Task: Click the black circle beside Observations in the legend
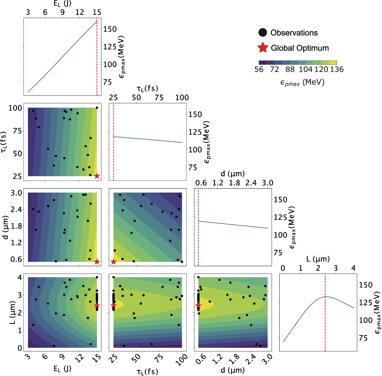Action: (263, 33)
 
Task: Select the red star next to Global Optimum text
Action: (263, 48)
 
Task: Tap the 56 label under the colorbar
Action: (259, 69)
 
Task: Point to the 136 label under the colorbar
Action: (337, 69)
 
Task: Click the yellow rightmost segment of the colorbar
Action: (333, 63)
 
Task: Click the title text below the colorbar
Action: (302, 82)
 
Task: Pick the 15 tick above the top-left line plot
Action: (97, 12)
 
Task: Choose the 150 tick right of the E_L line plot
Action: (110, 29)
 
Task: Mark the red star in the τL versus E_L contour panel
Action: (97, 176)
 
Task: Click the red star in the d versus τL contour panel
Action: (113, 262)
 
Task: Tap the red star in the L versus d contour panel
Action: (198, 306)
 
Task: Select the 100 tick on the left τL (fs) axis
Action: (15, 108)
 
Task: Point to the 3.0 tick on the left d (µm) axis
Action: (16, 193)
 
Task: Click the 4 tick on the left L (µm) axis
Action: (20, 277)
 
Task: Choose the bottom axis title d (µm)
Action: (233, 370)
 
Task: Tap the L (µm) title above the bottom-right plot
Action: (318, 259)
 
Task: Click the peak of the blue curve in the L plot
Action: (326, 297)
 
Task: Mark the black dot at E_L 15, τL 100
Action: (97, 108)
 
